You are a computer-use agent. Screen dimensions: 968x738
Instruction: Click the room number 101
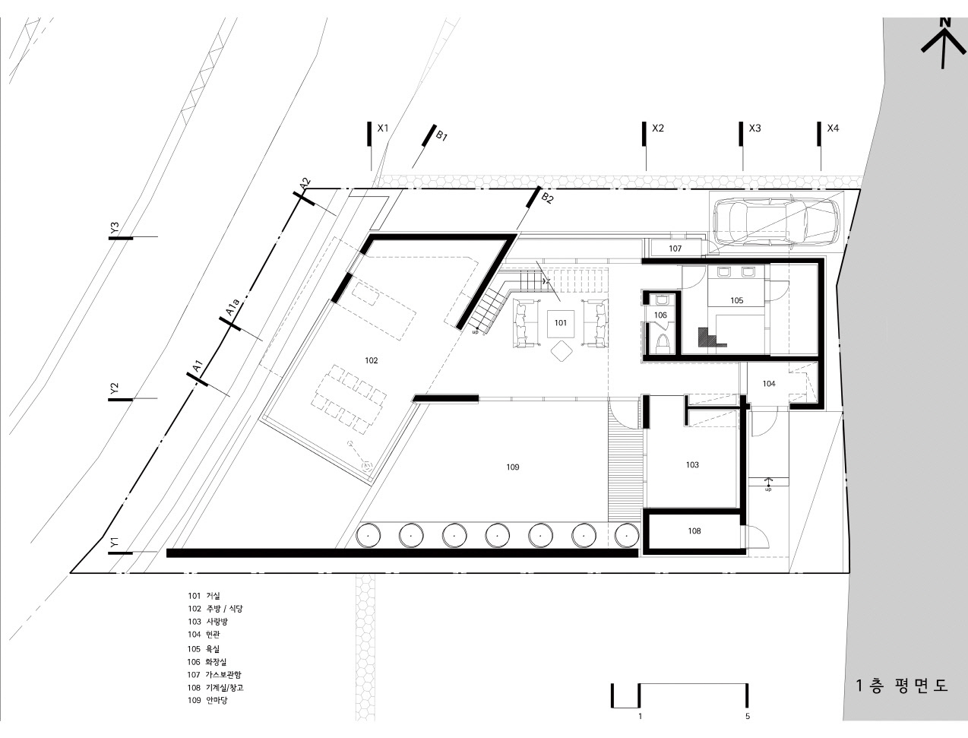click(561, 323)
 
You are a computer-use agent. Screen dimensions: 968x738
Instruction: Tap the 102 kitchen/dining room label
click(372, 360)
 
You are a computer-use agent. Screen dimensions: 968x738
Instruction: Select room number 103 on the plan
click(692, 464)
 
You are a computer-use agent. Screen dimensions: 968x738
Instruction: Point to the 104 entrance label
click(769, 384)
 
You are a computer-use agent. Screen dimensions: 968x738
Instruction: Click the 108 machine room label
click(694, 531)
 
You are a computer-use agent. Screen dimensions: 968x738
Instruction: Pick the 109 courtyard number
click(512, 467)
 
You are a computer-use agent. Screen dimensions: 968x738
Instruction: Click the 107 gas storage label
click(675, 249)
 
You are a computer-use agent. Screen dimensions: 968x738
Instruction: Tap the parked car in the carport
click(777, 220)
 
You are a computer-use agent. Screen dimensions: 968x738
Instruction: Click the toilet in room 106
click(662, 344)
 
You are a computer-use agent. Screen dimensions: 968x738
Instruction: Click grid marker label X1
click(383, 128)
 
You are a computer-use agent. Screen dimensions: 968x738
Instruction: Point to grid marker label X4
click(833, 128)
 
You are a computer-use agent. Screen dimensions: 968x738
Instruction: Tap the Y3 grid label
click(115, 228)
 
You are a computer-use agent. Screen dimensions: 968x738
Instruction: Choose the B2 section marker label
click(547, 198)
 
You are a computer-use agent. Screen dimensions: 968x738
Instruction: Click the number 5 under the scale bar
click(748, 717)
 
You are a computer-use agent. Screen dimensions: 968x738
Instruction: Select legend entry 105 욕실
click(204, 649)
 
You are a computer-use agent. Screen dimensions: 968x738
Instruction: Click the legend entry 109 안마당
click(207, 700)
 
